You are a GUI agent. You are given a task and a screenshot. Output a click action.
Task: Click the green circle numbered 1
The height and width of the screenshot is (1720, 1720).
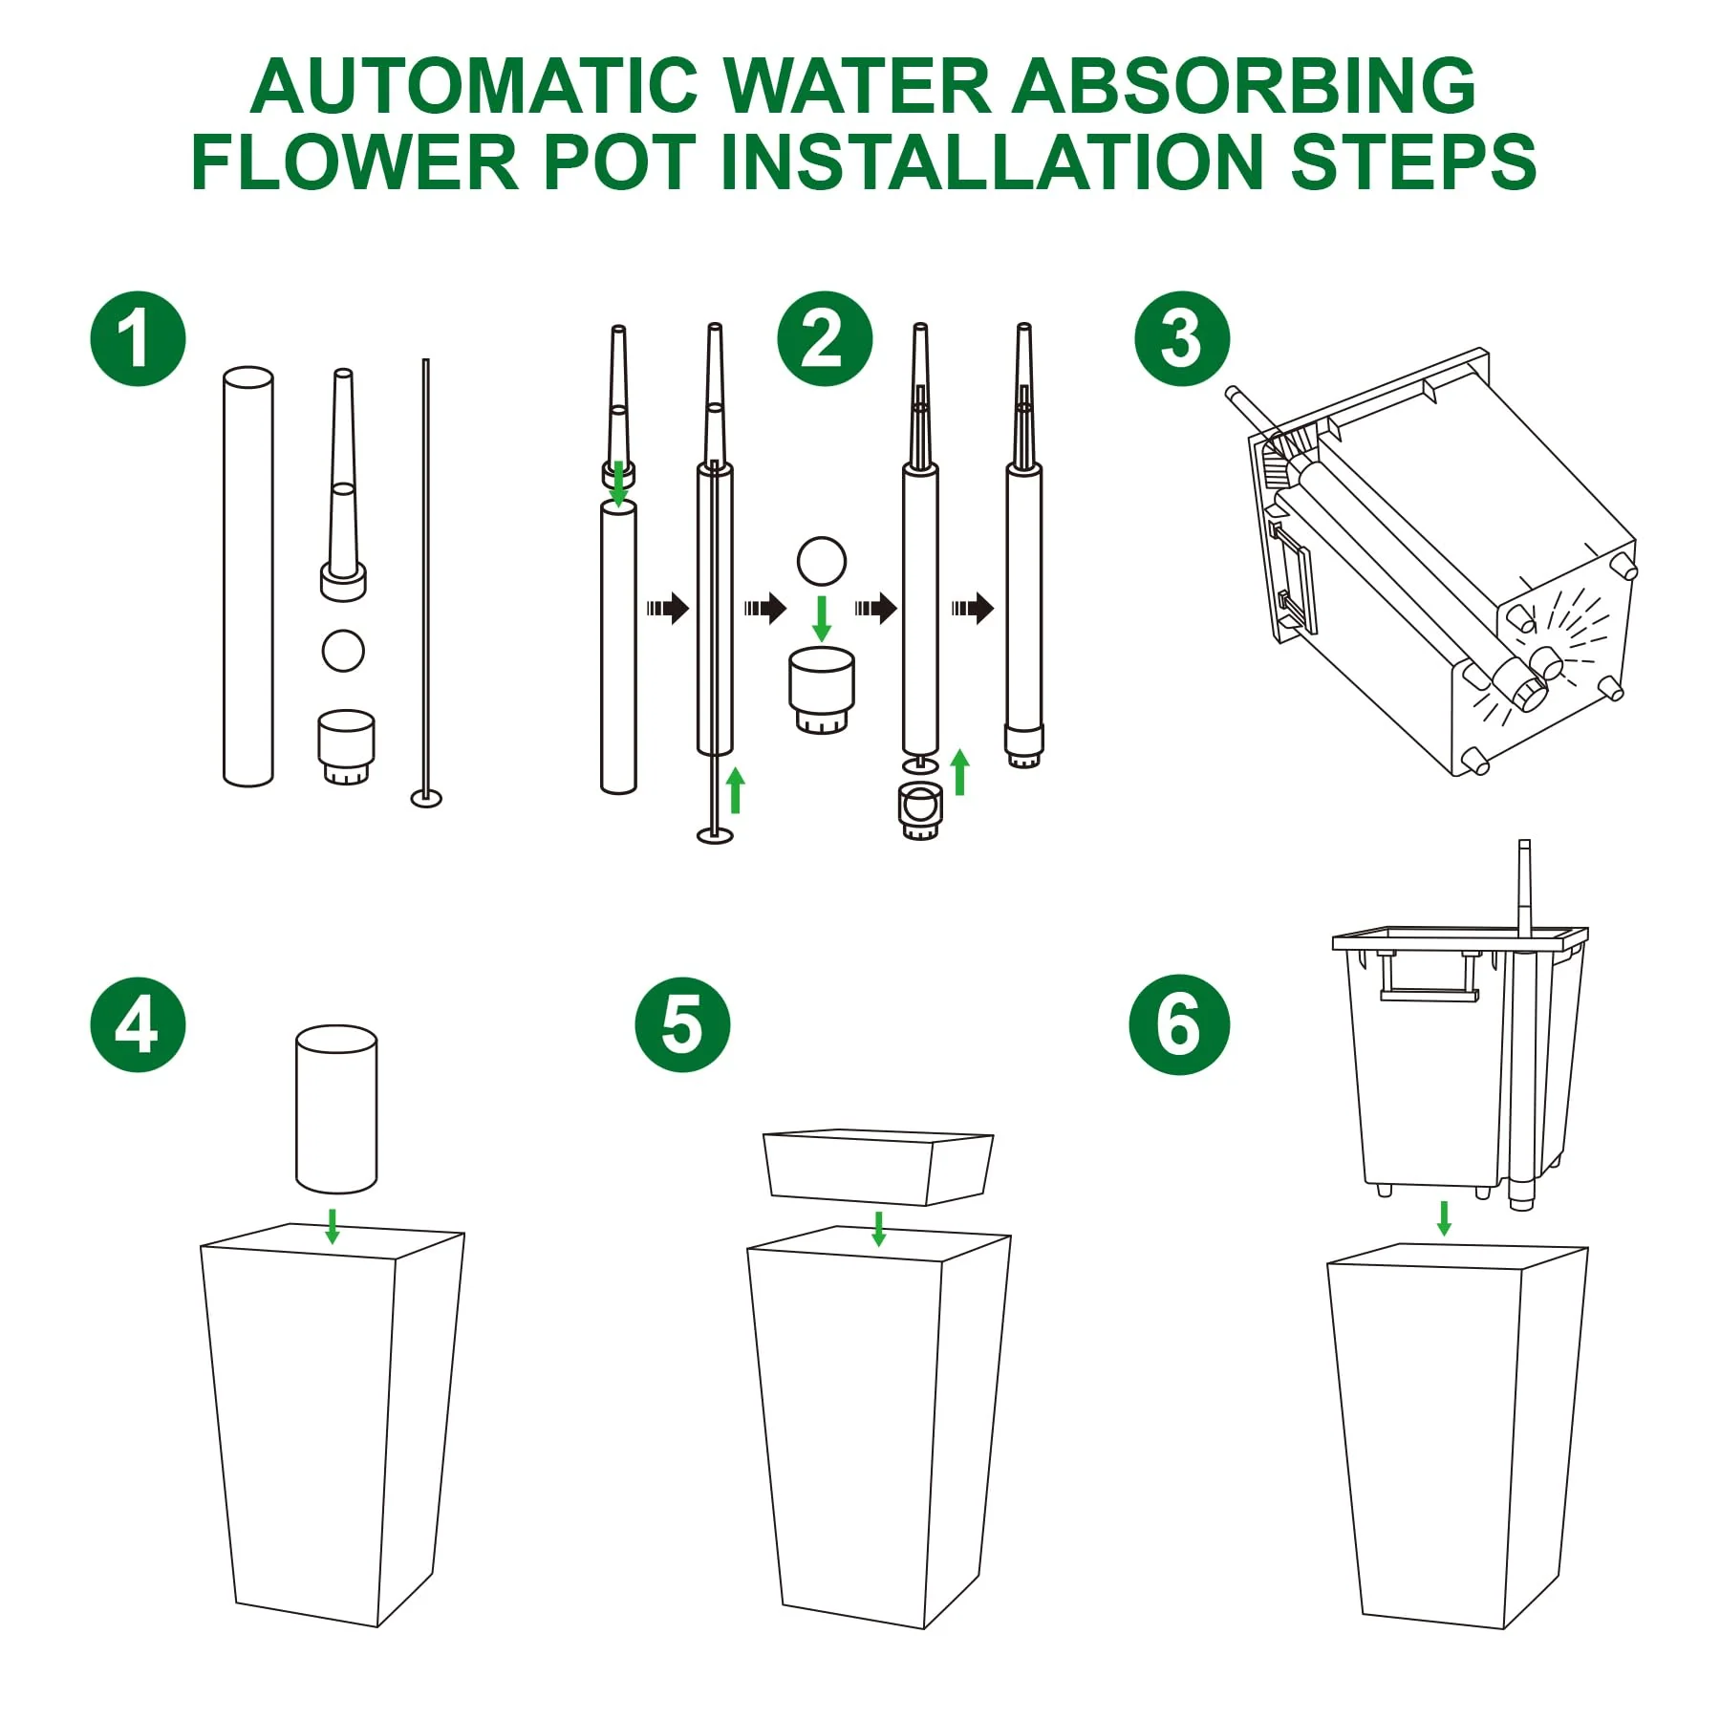click(x=138, y=338)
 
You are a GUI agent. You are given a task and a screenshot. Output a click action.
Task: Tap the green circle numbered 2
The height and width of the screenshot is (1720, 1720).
click(x=825, y=338)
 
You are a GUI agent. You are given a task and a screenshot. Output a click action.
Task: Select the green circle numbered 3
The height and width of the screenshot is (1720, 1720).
click(x=1182, y=338)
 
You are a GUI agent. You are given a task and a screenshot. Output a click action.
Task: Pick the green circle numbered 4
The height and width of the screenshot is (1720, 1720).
click(x=138, y=1024)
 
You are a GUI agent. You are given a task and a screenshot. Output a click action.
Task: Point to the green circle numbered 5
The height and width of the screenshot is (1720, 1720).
click(x=682, y=1024)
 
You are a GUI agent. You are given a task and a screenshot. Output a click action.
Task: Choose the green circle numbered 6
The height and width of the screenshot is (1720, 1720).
click(x=1179, y=1024)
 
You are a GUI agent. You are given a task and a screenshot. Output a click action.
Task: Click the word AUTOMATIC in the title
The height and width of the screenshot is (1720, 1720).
click(x=475, y=86)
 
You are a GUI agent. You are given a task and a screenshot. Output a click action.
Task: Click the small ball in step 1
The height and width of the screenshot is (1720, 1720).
click(x=343, y=651)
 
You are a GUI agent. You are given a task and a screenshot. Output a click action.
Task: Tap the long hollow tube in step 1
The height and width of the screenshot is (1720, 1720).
click(x=247, y=576)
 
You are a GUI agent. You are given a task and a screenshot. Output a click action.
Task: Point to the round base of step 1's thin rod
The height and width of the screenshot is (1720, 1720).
click(x=426, y=797)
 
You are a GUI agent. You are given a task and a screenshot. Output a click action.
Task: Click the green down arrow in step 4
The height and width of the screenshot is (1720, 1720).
click(x=333, y=1226)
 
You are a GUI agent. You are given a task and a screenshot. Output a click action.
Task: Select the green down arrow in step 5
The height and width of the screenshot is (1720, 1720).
click(x=879, y=1229)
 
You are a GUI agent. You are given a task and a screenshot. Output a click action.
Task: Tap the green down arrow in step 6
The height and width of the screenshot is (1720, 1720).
click(x=1444, y=1218)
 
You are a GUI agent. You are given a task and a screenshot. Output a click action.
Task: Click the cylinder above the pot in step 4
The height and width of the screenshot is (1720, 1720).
click(x=336, y=1109)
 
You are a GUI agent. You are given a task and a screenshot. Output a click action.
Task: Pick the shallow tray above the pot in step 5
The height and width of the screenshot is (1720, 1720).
click(x=878, y=1168)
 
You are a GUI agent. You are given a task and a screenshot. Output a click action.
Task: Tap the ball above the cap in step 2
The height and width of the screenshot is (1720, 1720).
click(x=822, y=561)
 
